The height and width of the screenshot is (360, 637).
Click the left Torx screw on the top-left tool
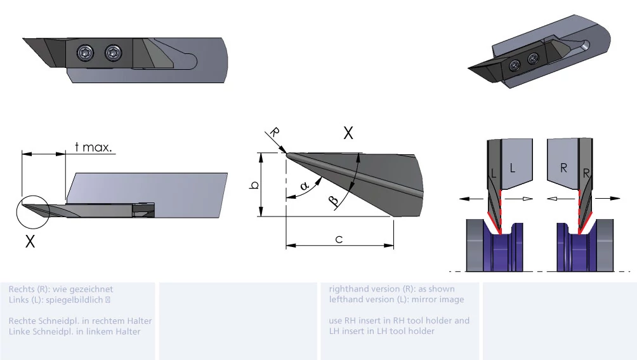pos(86,53)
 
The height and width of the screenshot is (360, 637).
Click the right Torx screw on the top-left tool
pos(113,53)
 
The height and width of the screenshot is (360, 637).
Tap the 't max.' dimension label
pos(93,147)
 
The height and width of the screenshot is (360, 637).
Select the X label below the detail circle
pos(30,241)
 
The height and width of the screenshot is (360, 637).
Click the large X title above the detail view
pos(348,133)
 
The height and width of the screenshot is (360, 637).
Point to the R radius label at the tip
pos(275,132)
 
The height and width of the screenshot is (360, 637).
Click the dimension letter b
pos(254,185)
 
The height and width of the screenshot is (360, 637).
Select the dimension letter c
pos(339,239)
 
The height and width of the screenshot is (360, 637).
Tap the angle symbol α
pos(305,186)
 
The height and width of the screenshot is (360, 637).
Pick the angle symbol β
pos(333,200)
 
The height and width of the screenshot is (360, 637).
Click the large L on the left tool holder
pos(512,168)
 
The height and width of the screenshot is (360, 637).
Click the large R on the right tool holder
pos(563,168)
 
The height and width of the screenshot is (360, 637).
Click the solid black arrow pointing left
pos(471,199)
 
